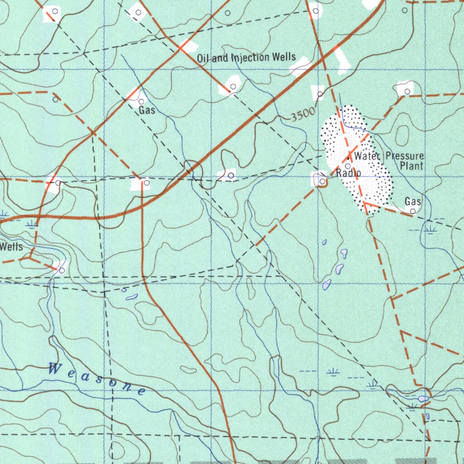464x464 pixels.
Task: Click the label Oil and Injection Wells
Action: click(246, 58)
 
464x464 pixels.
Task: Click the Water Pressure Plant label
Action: click(390, 160)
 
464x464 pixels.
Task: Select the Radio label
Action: click(348, 173)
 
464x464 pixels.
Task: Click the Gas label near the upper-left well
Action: click(147, 110)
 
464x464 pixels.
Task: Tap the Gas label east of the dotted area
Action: click(413, 201)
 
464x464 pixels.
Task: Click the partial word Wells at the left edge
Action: click(11, 247)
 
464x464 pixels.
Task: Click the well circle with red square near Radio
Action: click(322, 181)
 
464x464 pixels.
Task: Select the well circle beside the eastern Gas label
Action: click(413, 211)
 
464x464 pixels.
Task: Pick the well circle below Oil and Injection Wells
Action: click(233, 86)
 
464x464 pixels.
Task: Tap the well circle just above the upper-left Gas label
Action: click(141, 101)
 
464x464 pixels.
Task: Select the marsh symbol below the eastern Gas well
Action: click(430, 230)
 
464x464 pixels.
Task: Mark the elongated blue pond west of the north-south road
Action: click(131, 297)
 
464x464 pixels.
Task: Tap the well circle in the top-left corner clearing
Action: click(55, 10)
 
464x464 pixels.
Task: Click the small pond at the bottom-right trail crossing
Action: click(423, 398)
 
